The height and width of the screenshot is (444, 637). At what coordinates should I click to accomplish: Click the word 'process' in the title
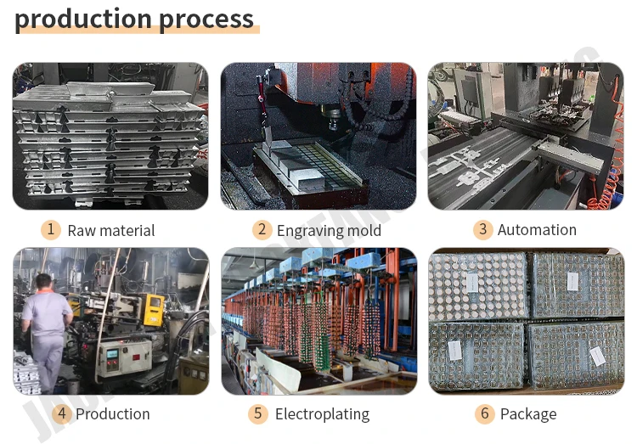pos(205,19)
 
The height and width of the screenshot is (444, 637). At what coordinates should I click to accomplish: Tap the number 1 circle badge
pos(51,229)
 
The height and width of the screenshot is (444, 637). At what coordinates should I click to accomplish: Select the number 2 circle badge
pos(262,229)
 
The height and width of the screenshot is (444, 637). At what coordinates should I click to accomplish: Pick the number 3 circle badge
pos(482,229)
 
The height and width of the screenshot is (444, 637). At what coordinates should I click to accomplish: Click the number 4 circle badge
pos(61,413)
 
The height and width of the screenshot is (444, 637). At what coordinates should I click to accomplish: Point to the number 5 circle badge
pos(259,413)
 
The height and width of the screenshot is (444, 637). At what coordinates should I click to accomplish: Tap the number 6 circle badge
pos(485,413)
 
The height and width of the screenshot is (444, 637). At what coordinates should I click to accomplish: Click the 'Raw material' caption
pos(111,230)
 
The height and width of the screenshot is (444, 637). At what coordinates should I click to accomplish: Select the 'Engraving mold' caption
pos(329,230)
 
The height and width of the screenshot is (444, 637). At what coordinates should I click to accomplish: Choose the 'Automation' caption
pos(537,230)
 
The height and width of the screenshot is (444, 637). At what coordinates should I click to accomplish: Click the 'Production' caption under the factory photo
pos(113,414)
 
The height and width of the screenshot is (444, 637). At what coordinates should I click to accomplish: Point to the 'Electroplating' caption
pos(322,414)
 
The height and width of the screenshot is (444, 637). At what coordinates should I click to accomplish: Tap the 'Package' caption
pos(528,414)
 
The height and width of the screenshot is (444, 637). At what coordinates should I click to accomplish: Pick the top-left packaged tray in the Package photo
pos(478,285)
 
